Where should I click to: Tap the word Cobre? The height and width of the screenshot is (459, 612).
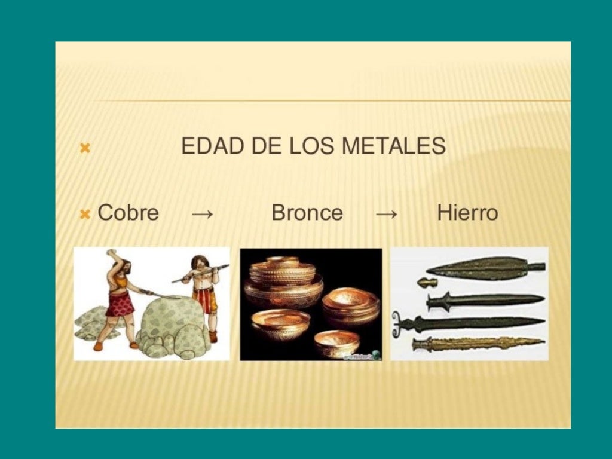point(128,213)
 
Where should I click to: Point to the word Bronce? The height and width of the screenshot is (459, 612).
point(307,213)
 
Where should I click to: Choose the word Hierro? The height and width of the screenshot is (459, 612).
point(467,213)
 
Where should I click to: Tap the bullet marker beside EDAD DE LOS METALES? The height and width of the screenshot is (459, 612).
point(85,147)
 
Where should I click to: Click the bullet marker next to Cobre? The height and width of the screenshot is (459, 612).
point(85,213)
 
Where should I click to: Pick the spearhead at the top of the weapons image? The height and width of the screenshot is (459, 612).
point(484,268)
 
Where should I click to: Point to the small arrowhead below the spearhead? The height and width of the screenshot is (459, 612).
point(427,282)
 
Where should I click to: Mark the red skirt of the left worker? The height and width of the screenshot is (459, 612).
point(120,304)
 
